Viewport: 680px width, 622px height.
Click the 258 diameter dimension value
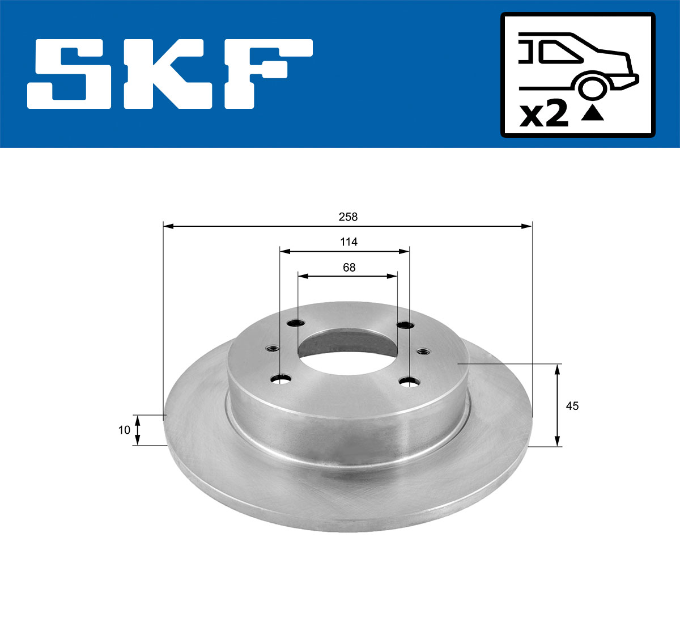348,217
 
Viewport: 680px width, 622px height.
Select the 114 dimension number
348,242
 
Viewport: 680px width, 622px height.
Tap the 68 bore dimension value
349,267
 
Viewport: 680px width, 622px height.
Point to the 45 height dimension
572,406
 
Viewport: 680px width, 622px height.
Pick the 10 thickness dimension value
124,430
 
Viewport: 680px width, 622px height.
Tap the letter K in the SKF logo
164,74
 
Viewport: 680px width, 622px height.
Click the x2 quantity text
544,115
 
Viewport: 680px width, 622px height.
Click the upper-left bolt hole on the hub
295,323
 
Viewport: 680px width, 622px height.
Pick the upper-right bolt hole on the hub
405,325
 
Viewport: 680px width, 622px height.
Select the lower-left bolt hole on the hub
280,378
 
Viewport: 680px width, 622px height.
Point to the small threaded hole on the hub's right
423,352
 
